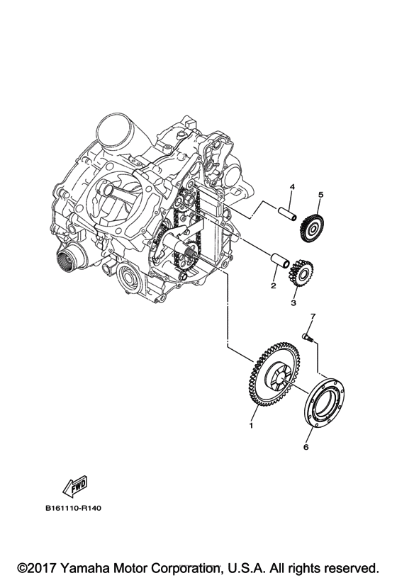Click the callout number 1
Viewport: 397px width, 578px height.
tap(250, 426)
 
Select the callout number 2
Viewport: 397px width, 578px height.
tap(272, 286)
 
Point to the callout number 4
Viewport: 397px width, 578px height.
tap(291, 187)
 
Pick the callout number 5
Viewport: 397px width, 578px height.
tap(320, 194)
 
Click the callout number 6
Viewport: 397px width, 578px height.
tap(307, 448)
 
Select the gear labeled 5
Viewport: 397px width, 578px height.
tap(312, 228)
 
